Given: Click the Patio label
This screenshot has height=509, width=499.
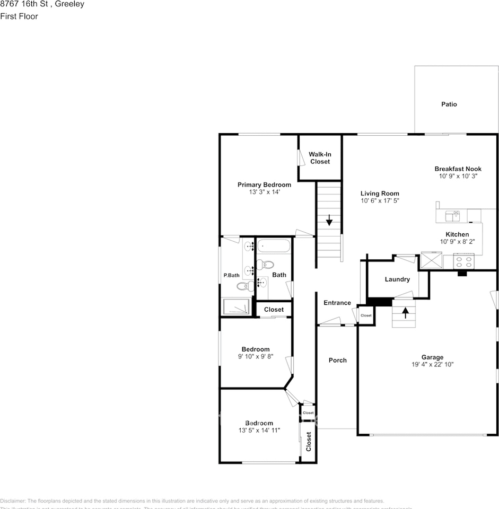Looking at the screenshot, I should [449, 104].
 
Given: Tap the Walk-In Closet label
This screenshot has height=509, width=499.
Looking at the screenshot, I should [320, 158].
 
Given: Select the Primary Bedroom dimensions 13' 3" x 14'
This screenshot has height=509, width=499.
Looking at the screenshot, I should [264, 192].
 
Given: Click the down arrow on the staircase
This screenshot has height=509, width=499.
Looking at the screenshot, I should [329, 220].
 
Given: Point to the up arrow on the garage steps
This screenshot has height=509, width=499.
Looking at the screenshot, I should [405, 313].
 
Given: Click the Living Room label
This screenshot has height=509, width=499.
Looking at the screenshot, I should [380, 194].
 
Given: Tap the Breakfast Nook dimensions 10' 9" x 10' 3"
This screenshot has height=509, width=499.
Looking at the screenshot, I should [458, 176].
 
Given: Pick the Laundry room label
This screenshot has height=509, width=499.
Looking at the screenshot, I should [397, 279].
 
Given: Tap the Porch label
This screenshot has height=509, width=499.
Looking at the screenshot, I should [337, 360].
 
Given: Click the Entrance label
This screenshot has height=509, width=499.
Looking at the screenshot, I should [337, 303].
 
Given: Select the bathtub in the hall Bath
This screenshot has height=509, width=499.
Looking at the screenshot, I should [274, 246].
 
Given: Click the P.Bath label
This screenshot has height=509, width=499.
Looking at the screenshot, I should [231, 275].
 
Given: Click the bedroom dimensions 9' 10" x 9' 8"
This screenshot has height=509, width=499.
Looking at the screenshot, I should [255, 357].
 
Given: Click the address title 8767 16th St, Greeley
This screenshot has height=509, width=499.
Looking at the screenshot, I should [42, 4].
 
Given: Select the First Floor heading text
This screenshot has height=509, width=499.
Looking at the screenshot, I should [19, 16].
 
